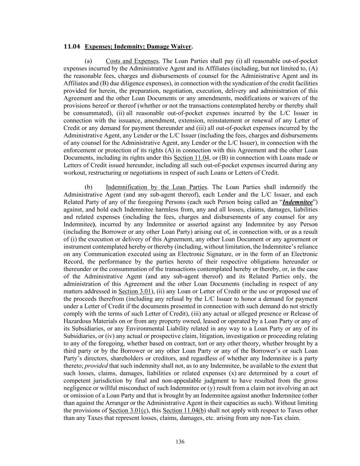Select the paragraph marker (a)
[88, 61]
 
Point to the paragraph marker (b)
[88, 187]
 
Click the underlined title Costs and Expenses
[132, 61]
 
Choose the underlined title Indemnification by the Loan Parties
[156, 187]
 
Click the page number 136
[180, 442]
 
